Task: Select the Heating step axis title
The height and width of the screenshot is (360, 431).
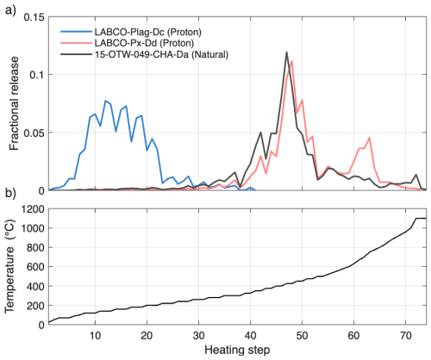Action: coord(237,351)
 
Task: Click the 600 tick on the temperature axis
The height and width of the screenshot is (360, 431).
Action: coord(33,267)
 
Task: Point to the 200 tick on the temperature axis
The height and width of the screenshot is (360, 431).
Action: coord(33,306)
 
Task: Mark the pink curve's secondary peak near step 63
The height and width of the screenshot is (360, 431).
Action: coord(369,138)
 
